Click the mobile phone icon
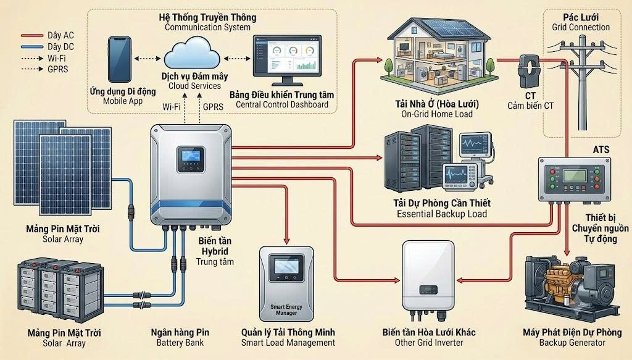pyautogui.click(x=120, y=60)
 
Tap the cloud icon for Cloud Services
pyautogui.click(x=193, y=54)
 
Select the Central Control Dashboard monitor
pyautogui.click(x=287, y=61)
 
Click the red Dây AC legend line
pyautogui.click(x=32, y=35)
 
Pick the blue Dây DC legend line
pyautogui.click(x=32, y=47)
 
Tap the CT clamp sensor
pyautogui.click(x=528, y=72)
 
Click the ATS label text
pyautogui.click(x=601, y=149)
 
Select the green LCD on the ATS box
pyautogui.click(x=575, y=175)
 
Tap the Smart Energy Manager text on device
pyautogui.click(x=286, y=309)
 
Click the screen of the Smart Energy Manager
pyautogui.click(x=286, y=266)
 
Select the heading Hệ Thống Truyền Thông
pyautogui.click(x=207, y=17)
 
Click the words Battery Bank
pyautogui.click(x=180, y=343)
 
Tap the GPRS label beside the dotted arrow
pyautogui.click(x=213, y=107)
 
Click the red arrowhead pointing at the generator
pyautogui.click(x=567, y=253)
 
